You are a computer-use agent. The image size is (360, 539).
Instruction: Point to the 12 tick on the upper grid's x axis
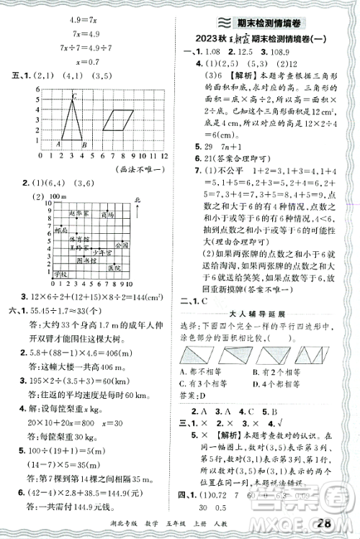[165, 155]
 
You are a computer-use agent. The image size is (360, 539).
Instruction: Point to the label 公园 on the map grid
[120, 245]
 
